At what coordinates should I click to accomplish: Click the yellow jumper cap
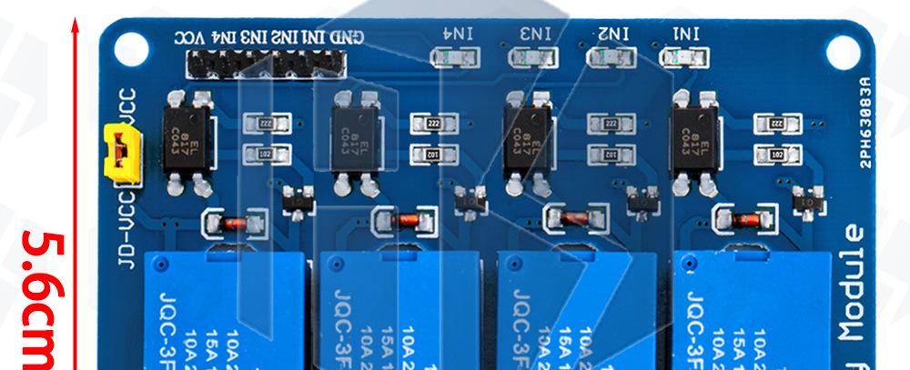pyautogui.click(x=117, y=149)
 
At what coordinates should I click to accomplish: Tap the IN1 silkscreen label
pyautogui.click(x=686, y=34)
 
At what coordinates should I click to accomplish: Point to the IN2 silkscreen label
pyautogui.click(x=614, y=34)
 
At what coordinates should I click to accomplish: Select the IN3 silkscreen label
pyautogui.click(x=536, y=34)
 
